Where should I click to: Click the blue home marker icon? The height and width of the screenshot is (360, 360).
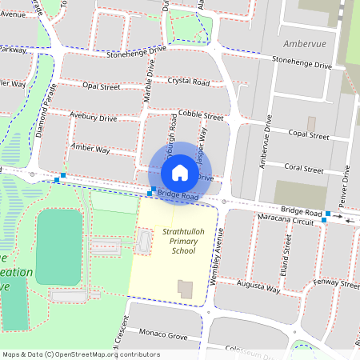pos(179,172)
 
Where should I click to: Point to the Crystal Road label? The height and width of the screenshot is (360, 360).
pos(189,82)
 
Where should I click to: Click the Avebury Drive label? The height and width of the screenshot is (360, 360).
pos(93,118)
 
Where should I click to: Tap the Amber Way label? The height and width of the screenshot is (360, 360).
pos(90,149)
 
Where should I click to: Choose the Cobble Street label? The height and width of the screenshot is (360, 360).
pos(201,115)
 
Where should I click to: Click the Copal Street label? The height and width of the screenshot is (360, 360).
pos(310,133)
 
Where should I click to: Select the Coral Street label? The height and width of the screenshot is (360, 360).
pos(304,170)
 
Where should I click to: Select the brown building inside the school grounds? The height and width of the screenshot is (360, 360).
pos(186,289)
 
